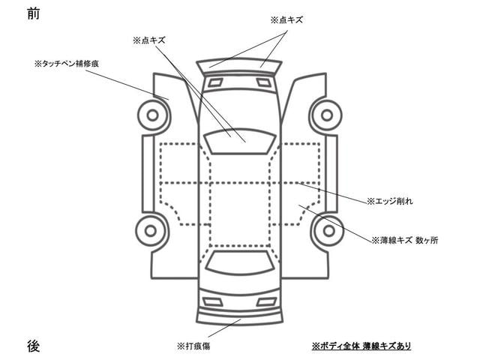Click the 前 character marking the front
[33, 13]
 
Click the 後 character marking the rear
[33, 346]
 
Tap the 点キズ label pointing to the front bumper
[286, 20]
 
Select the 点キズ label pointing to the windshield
[149, 40]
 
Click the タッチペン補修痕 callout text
[67, 64]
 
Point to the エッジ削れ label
[390, 201]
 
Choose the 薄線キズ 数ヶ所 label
[405, 240]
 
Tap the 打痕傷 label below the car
[193, 346]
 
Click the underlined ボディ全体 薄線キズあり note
[361, 346]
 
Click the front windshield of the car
[240, 141]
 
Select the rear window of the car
[240, 262]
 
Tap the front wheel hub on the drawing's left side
[153, 115]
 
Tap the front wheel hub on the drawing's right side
[327, 115]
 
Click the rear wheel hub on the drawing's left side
[151, 231]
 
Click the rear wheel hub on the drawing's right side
[328, 231]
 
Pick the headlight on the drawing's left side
[215, 82]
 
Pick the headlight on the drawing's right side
[263, 82]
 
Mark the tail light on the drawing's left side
[213, 302]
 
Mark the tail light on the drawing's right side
[267, 302]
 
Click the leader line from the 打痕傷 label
[224, 328]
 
